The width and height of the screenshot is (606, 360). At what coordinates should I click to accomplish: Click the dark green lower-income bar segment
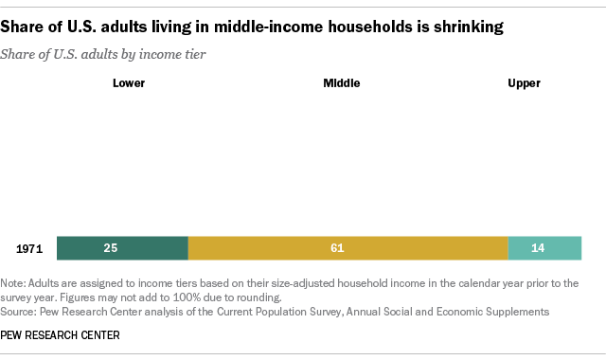point(122,248)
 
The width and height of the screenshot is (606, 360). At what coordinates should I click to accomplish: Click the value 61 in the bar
point(338,248)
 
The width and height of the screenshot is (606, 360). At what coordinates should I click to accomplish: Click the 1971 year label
point(30,248)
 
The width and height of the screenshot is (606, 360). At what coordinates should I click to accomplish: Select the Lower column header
point(129,83)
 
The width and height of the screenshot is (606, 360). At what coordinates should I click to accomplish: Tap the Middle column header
point(342,83)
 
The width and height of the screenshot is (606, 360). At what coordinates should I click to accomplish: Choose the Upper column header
point(524,83)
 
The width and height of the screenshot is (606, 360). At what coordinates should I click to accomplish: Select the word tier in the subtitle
point(196,54)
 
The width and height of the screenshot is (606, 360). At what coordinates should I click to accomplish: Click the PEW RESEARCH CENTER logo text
point(66,334)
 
